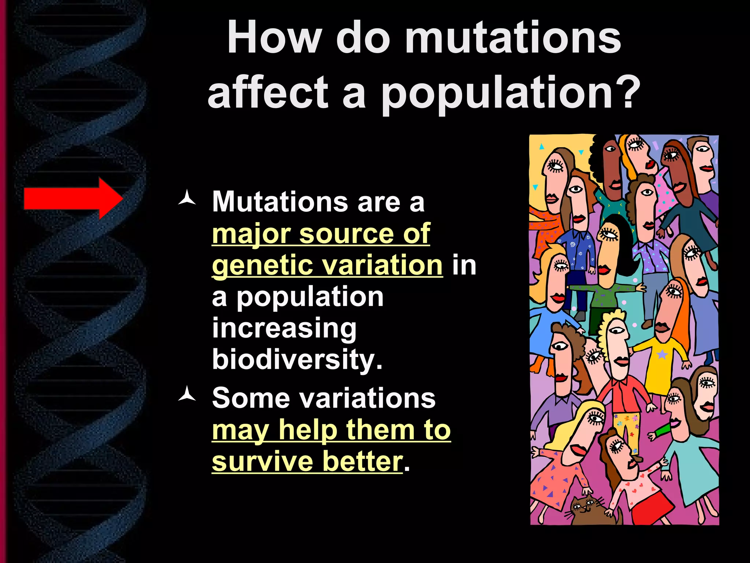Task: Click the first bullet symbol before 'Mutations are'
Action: [187, 198]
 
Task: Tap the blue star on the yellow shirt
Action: [662, 354]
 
